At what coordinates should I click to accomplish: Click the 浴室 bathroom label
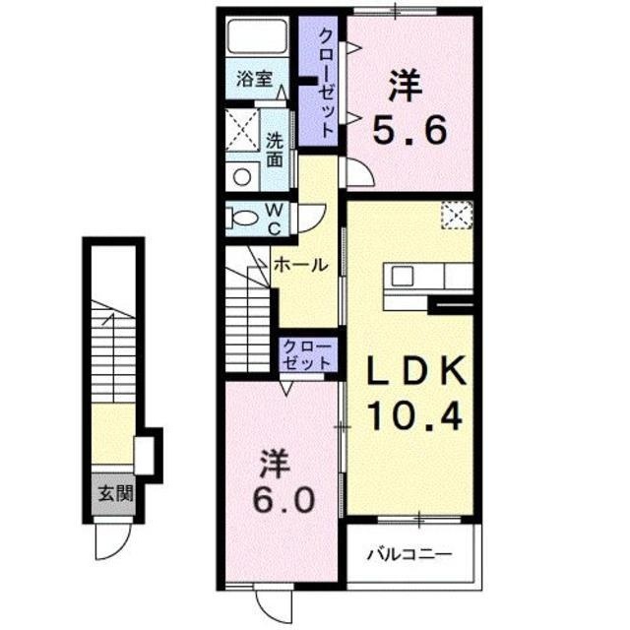click(254, 79)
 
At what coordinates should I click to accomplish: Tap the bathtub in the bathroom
click(257, 35)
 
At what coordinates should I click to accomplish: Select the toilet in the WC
click(243, 219)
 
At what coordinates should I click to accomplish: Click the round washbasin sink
click(242, 177)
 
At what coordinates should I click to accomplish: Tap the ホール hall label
click(301, 265)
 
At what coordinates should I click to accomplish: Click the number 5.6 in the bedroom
click(409, 130)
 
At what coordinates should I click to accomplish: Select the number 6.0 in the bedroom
click(283, 499)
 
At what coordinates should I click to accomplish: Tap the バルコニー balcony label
click(409, 555)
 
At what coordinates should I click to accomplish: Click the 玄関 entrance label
click(116, 493)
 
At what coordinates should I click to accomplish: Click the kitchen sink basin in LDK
click(403, 276)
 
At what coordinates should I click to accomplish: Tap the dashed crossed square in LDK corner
click(457, 216)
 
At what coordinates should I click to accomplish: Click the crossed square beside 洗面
click(242, 130)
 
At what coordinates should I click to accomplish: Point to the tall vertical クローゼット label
click(326, 83)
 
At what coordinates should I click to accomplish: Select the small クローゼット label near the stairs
click(307, 354)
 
